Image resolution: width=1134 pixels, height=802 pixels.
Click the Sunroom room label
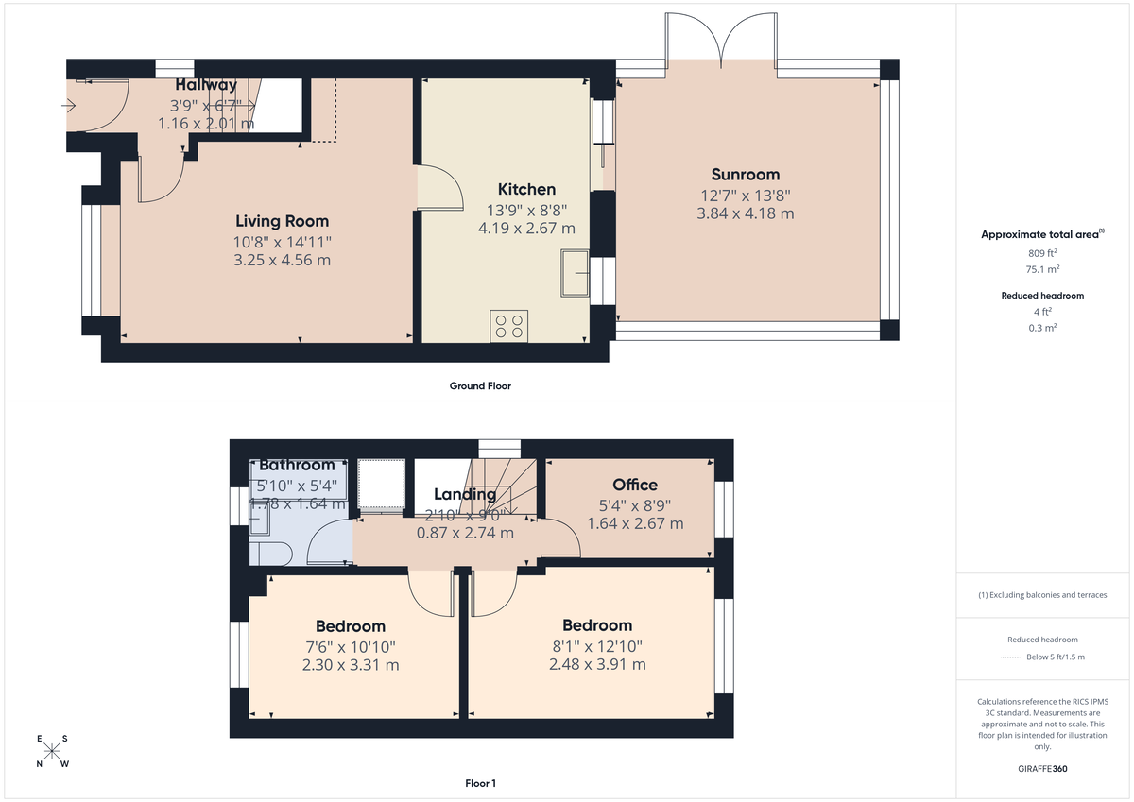coord(745,174)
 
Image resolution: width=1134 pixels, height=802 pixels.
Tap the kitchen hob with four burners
coord(508,326)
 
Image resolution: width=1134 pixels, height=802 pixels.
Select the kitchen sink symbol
coord(575,273)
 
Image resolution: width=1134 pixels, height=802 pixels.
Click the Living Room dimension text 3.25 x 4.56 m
coord(282,260)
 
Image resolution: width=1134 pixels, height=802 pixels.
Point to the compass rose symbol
coord(53,752)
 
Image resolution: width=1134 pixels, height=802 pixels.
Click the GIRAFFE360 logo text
coord(1042,769)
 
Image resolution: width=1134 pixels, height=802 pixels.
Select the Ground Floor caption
coord(480,385)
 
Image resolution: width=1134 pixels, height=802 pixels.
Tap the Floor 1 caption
coord(480,783)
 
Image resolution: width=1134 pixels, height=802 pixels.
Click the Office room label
coord(634,485)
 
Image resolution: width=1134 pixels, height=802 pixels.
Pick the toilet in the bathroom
coord(269,553)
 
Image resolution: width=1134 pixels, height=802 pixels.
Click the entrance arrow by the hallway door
coord(68,106)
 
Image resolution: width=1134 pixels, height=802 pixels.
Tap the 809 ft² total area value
coord(1042,253)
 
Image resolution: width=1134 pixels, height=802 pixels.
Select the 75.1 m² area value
coord(1042,268)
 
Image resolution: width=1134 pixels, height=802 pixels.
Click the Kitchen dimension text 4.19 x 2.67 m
coord(526,228)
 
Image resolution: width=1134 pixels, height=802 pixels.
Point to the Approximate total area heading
coord(1041,234)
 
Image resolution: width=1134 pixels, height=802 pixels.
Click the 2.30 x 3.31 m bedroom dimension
coord(350,664)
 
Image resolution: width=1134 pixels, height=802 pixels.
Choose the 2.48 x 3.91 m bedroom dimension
coord(597,664)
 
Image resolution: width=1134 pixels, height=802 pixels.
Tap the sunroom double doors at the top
coord(721,38)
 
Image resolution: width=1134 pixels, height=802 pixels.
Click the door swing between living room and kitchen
coord(439,186)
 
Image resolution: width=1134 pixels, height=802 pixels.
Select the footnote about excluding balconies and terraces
coord(1042,595)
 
